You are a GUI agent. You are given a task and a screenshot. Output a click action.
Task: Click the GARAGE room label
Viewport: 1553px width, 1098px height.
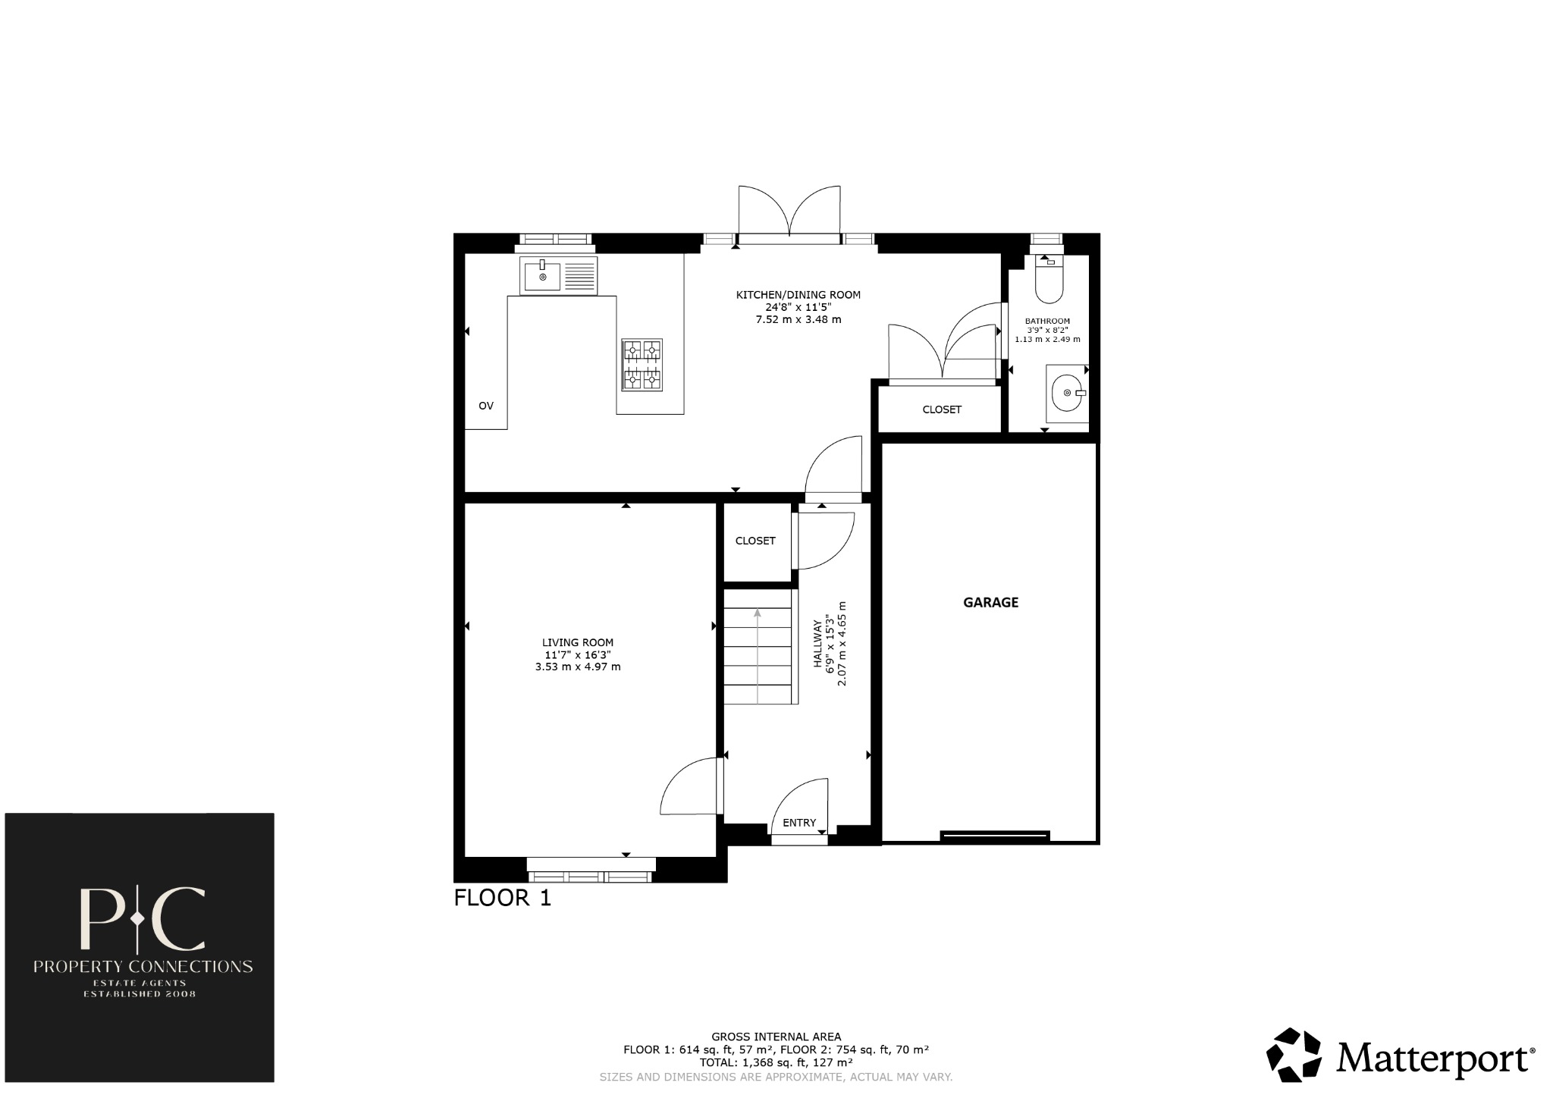990,602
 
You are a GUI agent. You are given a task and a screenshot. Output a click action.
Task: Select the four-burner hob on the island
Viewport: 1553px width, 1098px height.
642,365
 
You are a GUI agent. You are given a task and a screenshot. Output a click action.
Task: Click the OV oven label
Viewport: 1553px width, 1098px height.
486,406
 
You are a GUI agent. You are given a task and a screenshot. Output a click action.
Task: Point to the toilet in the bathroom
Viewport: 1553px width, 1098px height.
1049,280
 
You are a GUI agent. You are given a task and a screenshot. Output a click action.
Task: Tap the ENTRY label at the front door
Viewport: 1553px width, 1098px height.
799,823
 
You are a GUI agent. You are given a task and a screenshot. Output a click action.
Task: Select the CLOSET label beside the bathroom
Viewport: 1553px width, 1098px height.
942,409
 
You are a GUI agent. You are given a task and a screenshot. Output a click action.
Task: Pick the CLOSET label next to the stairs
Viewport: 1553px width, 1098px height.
755,541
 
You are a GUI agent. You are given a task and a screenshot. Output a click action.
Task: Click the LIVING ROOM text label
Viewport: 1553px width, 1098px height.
578,642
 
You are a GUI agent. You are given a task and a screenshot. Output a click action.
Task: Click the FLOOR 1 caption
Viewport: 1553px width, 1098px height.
502,898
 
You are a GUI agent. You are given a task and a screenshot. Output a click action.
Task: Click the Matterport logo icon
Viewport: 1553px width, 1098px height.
1294,1054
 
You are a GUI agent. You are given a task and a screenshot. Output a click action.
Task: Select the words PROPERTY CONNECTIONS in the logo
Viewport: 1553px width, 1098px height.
143,967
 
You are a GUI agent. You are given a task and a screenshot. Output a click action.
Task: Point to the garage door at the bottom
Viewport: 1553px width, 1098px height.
994,836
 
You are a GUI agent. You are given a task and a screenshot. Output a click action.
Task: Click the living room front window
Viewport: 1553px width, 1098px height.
591,871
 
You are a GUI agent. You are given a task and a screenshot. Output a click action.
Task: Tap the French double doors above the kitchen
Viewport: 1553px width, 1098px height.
789,212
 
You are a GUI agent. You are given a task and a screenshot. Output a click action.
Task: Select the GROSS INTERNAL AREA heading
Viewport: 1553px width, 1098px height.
776,1037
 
